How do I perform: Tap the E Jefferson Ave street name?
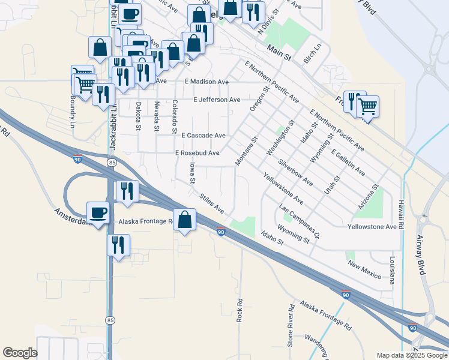pyautogui.click(x=217, y=100)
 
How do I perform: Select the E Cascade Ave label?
pyautogui.click(x=203, y=136)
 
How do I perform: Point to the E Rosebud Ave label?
pyautogui.click(x=197, y=153)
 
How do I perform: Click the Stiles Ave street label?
pyautogui.click(x=212, y=202)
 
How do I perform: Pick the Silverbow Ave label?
pyautogui.click(x=295, y=172)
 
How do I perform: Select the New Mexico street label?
pyautogui.click(x=364, y=271)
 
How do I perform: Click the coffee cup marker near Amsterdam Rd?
pyautogui.click(x=98, y=212)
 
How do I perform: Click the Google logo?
pyautogui.click(x=20, y=353)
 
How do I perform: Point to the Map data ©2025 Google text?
pyautogui.click(x=411, y=355)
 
